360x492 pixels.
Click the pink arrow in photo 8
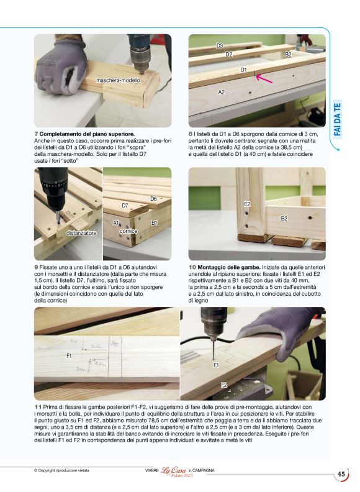click(264, 78)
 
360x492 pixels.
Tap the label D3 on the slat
click(220, 46)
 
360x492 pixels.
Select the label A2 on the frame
click(222, 92)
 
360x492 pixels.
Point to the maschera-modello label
click(118, 80)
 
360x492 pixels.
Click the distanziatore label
click(81, 233)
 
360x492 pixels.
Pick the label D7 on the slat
click(125, 206)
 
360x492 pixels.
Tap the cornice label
click(128, 231)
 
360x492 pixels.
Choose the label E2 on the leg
click(247, 204)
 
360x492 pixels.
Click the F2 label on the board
click(224, 385)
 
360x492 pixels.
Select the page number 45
click(341, 474)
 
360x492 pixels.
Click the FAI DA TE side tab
click(338, 119)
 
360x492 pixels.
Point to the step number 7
click(36, 134)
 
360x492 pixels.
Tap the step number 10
click(192, 267)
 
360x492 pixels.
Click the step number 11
click(38, 408)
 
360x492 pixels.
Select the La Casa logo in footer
click(174, 471)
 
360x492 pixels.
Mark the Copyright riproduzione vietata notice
click(61, 470)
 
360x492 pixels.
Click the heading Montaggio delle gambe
click(229, 267)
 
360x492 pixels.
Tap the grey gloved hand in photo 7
click(61, 66)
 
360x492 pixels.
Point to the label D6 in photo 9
click(154, 199)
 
